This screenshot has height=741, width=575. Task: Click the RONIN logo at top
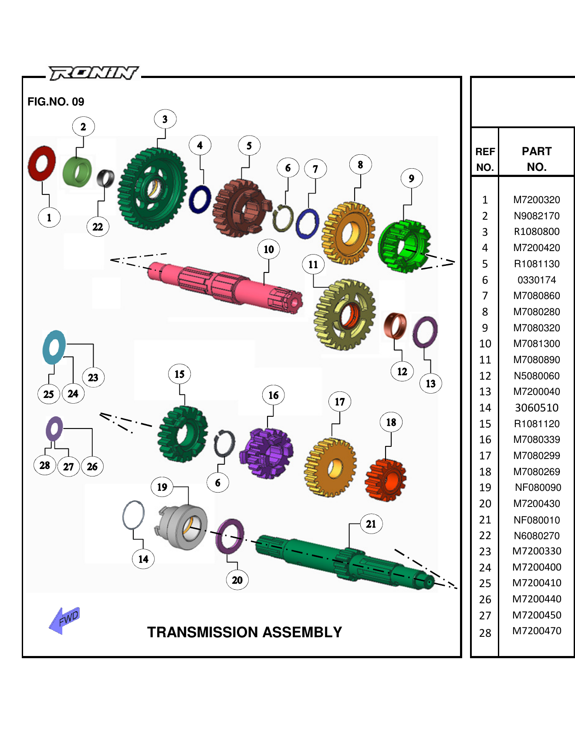pos(93,73)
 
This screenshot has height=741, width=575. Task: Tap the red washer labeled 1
pos(41,163)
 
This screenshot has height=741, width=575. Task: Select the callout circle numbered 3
pos(165,119)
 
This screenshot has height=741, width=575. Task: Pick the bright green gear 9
pos(403,246)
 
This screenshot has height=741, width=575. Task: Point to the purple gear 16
pos(267,453)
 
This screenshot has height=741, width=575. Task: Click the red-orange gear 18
pos(386,479)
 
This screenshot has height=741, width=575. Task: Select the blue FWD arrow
pos(64,620)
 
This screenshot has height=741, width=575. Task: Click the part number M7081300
pos(536,343)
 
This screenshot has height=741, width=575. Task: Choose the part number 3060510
pos(536,408)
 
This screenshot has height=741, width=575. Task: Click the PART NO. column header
pos(536,159)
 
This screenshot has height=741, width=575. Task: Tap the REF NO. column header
pos(485,159)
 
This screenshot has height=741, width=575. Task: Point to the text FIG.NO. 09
pos(56,102)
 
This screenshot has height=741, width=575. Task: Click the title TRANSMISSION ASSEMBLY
pos(244,632)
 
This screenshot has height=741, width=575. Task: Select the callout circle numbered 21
pos(371,524)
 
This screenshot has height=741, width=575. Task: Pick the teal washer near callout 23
pos(54,347)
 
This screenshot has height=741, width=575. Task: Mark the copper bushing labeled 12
pos(395,326)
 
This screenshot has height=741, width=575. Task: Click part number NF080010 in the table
pos(536,520)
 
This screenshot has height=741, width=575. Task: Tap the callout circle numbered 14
pos(143,559)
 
